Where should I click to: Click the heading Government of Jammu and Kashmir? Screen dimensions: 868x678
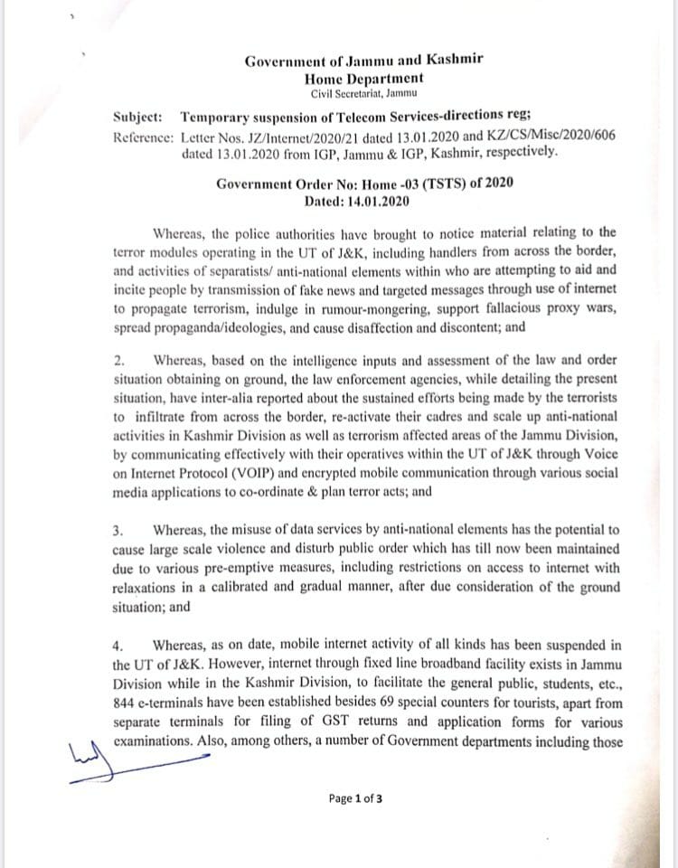tap(363, 61)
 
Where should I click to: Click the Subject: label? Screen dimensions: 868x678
tap(138, 118)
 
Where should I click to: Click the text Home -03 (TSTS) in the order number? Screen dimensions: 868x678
tap(412, 184)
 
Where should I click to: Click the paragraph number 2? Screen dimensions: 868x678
tap(118, 361)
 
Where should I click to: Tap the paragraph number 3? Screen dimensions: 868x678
tap(118, 531)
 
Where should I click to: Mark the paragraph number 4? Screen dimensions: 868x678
tap(118, 646)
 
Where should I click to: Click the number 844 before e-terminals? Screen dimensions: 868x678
tap(125, 703)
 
